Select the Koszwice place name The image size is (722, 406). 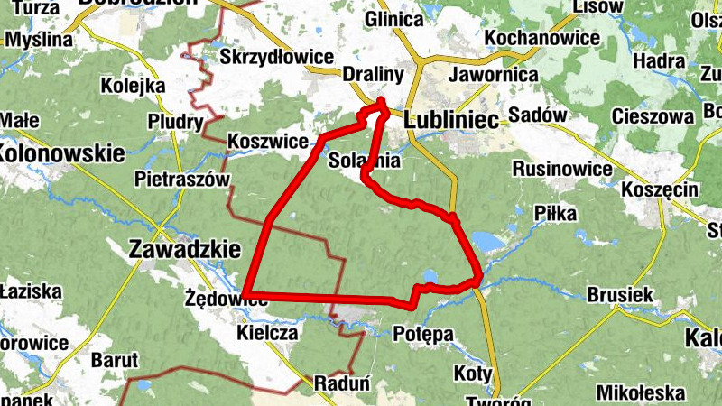click(268, 142)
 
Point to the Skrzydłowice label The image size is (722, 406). click(277, 57)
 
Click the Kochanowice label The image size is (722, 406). click(543, 38)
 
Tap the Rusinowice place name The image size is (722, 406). click(559, 169)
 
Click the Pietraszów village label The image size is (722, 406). click(181, 179)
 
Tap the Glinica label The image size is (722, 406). click(394, 20)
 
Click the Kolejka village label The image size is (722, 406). click(134, 86)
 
